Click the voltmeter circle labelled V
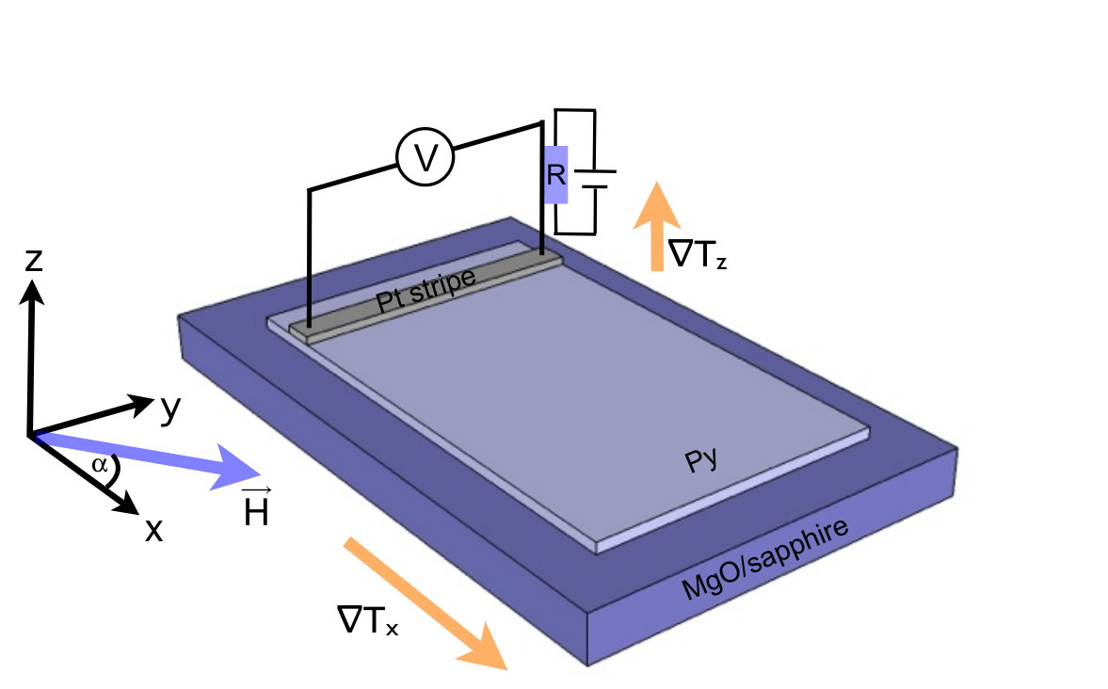pos(425,157)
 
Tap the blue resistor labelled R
pos(556,174)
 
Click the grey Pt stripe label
pos(426,290)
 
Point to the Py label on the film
pos(701,460)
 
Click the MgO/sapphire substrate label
pos(764,558)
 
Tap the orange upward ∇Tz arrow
pos(656,226)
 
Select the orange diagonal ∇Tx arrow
pos(426,602)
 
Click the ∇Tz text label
pos(699,254)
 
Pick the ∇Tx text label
pos(367,620)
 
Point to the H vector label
pos(256,507)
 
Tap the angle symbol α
pos(100,465)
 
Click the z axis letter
pos(33,260)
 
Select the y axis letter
pos(170,409)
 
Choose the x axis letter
pos(153,529)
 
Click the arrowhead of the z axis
pos(32,291)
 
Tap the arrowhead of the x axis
pos(128,504)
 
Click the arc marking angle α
pos(114,470)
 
